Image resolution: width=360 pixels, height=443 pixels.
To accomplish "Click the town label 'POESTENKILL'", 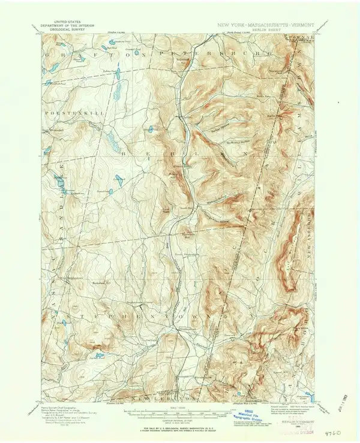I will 64,111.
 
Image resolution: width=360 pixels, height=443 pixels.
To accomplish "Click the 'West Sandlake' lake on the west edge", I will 61,180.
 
